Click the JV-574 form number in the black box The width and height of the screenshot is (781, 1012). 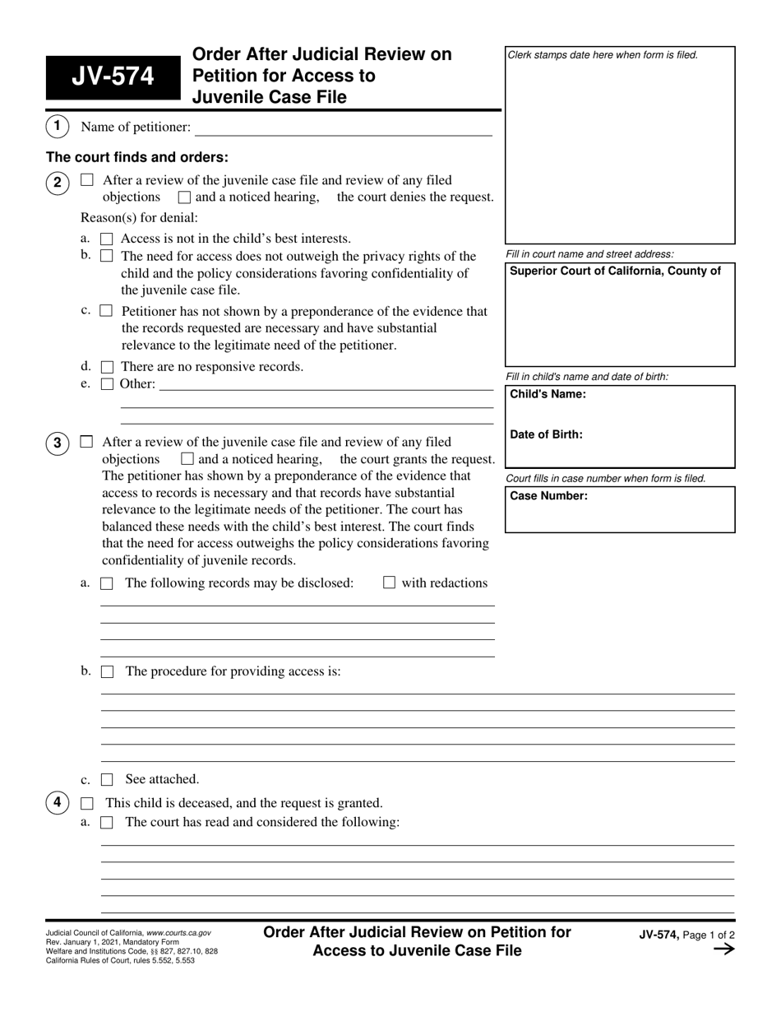pyautogui.click(x=112, y=77)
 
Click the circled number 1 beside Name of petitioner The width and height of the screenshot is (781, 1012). pyautogui.click(x=57, y=127)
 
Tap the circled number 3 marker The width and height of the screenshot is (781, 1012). pyautogui.click(x=57, y=443)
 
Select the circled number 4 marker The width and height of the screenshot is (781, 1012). pyautogui.click(x=57, y=802)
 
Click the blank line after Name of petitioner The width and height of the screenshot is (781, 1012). pyautogui.click(x=343, y=128)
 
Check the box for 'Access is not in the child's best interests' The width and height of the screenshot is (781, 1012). pyautogui.click(x=106, y=239)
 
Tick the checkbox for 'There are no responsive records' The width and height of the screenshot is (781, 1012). pyautogui.click(x=107, y=367)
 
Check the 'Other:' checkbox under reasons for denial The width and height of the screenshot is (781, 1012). pyautogui.click(x=107, y=384)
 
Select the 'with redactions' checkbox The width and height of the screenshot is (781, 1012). pyautogui.click(x=390, y=583)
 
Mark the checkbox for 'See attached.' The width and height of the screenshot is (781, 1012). pyautogui.click(x=107, y=779)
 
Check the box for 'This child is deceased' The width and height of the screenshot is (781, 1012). pyautogui.click(x=87, y=803)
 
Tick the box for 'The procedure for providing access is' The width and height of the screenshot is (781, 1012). pyautogui.click(x=107, y=671)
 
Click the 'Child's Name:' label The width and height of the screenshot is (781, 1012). pyautogui.click(x=548, y=394)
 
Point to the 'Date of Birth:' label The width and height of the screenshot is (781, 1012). pyautogui.click(x=546, y=434)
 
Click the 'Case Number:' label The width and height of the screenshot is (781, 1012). pyautogui.click(x=548, y=496)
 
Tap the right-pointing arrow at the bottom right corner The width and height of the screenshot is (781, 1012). pyautogui.click(x=723, y=949)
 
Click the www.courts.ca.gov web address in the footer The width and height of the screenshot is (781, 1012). pyautogui.click(x=178, y=933)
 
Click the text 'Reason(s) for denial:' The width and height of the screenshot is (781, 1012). pyautogui.click(x=139, y=218)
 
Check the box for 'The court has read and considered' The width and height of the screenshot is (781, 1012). pyautogui.click(x=107, y=822)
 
